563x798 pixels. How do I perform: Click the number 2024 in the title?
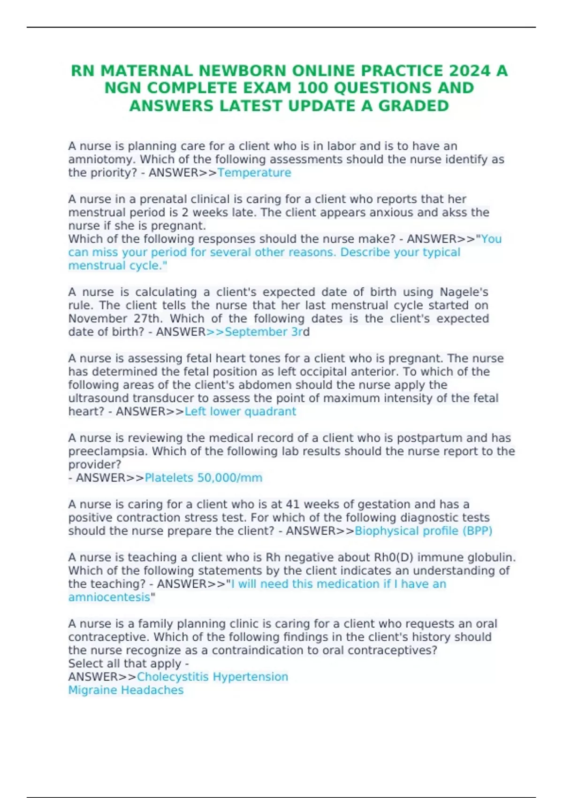[x=470, y=71]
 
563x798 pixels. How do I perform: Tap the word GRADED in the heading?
[x=414, y=106]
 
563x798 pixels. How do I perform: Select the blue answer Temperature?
[x=254, y=173]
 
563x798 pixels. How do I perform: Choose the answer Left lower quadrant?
[x=240, y=412]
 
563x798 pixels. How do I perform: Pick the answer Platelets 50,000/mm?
[x=203, y=478]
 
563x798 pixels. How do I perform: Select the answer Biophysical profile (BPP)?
[x=423, y=531]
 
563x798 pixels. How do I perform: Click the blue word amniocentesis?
[x=109, y=598]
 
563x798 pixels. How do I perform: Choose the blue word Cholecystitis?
[x=173, y=677]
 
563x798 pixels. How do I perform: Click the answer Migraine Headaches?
[x=126, y=690]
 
